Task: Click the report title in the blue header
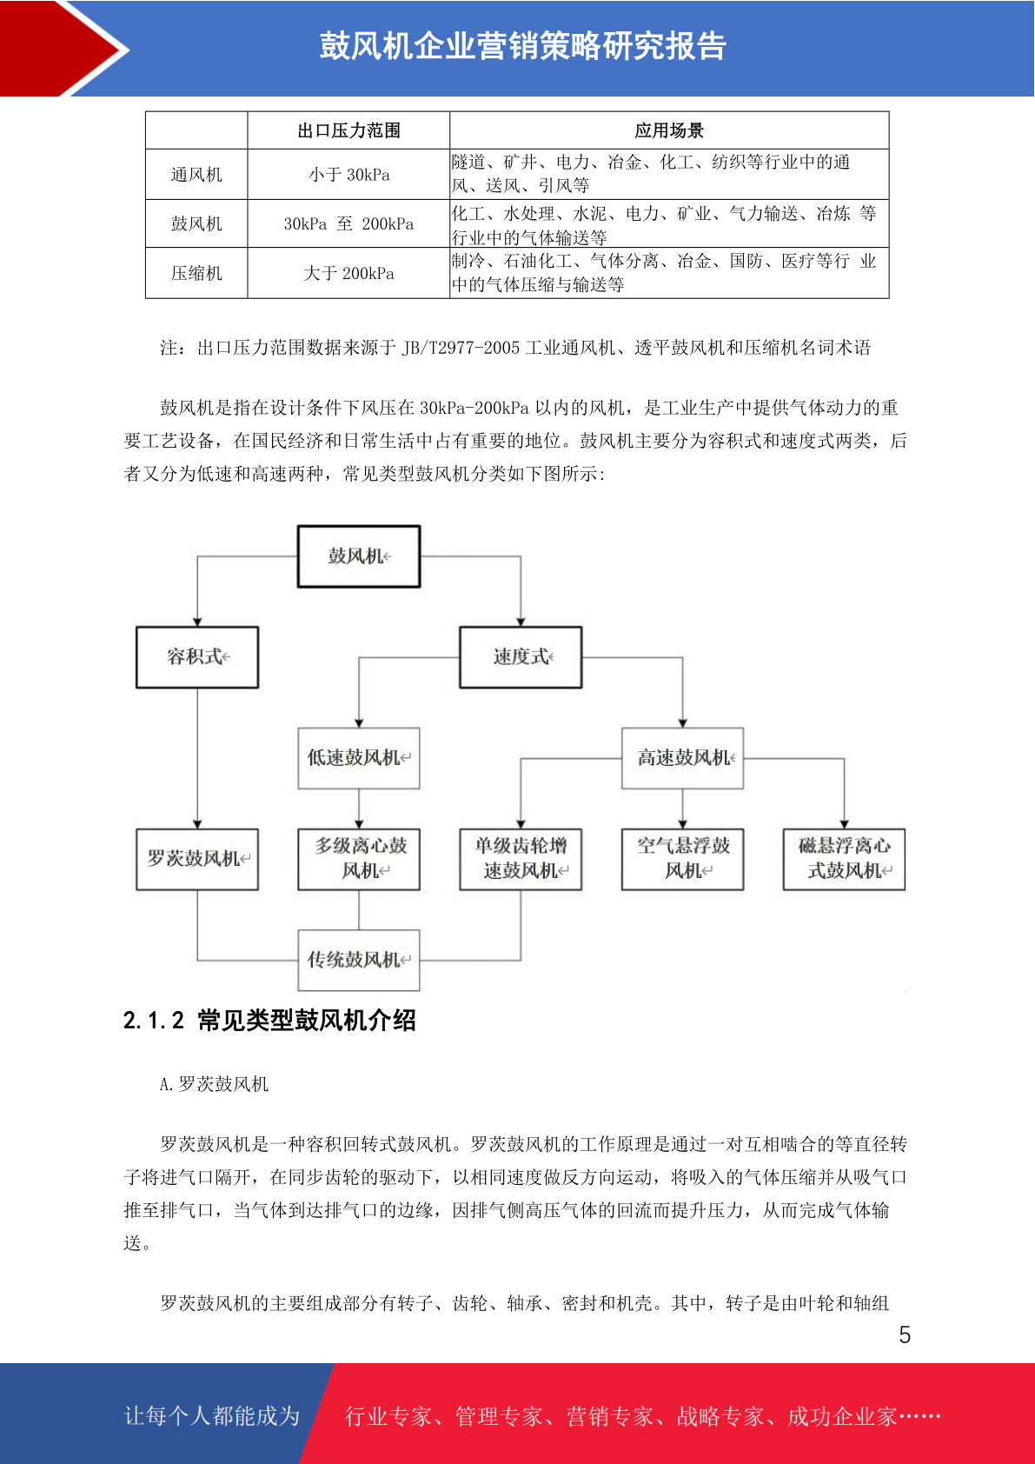pyautogui.click(x=523, y=46)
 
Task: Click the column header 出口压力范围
pyautogui.click(x=349, y=130)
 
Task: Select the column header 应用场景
pyautogui.click(x=669, y=130)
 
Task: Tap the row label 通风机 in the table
pyautogui.click(x=196, y=175)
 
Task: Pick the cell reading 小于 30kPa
pyautogui.click(x=349, y=175)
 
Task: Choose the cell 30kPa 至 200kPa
pyautogui.click(x=349, y=223)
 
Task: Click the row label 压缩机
pyautogui.click(x=196, y=273)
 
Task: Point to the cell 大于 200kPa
pyautogui.click(x=349, y=273)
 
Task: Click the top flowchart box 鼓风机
pyautogui.click(x=359, y=556)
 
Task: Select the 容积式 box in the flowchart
pyautogui.click(x=197, y=657)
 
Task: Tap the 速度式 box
pyautogui.click(x=521, y=657)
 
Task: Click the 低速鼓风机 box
pyautogui.click(x=359, y=758)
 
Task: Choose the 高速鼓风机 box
pyautogui.click(x=683, y=758)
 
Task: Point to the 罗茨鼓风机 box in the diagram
pyautogui.click(x=197, y=860)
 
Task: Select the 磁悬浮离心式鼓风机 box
pyautogui.click(x=844, y=860)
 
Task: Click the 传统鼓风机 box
pyautogui.click(x=359, y=960)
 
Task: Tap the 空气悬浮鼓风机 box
pyautogui.click(x=683, y=860)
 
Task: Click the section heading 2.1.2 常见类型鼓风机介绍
pyautogui.click(x=269, y=1021)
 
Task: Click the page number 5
pyautogui.click(x=905, y=1334)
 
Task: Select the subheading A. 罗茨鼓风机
pyautogui.click(x=215, y=1084)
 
